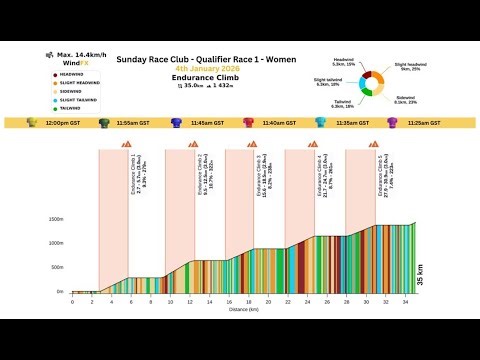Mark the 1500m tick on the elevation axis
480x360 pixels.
pos(56,219)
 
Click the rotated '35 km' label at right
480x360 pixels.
pos(419,275)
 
